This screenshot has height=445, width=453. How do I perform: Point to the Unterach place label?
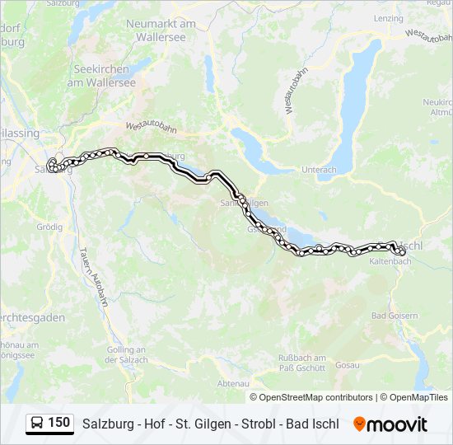(320, 170)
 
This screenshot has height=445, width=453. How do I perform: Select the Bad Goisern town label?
(395, 316)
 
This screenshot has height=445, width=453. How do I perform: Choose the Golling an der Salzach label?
(127, 354)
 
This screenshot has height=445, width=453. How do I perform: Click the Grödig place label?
(49, 226)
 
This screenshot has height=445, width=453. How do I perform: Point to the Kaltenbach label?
(390, 261)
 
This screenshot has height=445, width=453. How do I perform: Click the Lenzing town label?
(388, 17)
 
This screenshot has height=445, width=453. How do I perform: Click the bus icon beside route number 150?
(38, 424)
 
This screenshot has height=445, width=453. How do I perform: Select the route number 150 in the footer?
(59, 423)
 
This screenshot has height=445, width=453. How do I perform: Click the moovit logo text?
(398, 424)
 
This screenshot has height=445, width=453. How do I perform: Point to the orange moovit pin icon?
(359, 424)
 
